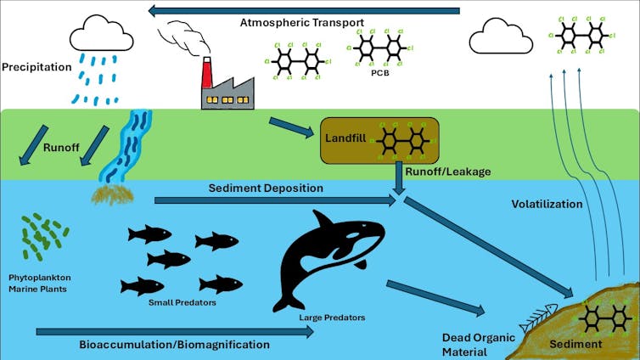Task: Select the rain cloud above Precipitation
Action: coord(101,37)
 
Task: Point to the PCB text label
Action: coord(380,74)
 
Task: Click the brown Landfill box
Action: coord(378,140)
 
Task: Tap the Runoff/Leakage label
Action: coord(435,172)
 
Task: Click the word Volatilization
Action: coord(547,204)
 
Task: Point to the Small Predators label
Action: coord(182,301)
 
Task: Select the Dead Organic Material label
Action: coord(477,344)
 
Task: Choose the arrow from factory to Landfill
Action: coord(288,127)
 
